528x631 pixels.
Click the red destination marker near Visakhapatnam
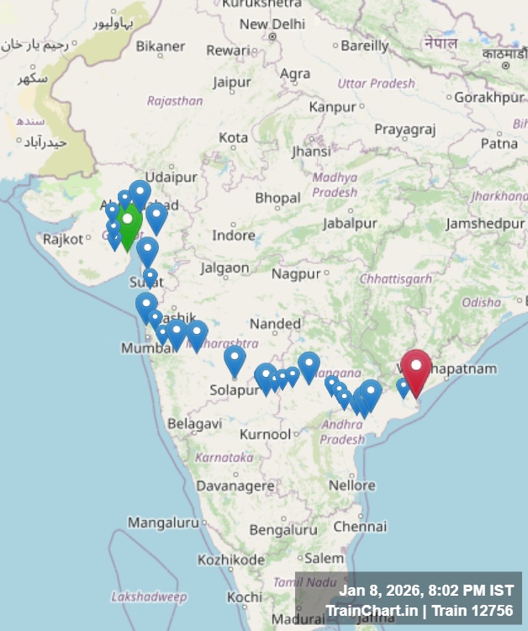[415, 369]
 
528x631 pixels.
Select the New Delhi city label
[272, 24]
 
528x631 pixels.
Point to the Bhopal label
[277, 198]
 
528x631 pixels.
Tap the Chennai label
[359, 526]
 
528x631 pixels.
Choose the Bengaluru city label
[283, 530]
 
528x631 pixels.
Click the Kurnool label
[265, 434]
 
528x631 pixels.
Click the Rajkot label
[63, 239]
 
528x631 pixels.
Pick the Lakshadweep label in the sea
[149, 597]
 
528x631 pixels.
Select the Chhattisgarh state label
[396, 278]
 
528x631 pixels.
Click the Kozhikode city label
[230, 559]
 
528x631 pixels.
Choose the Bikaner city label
[161, 45]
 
